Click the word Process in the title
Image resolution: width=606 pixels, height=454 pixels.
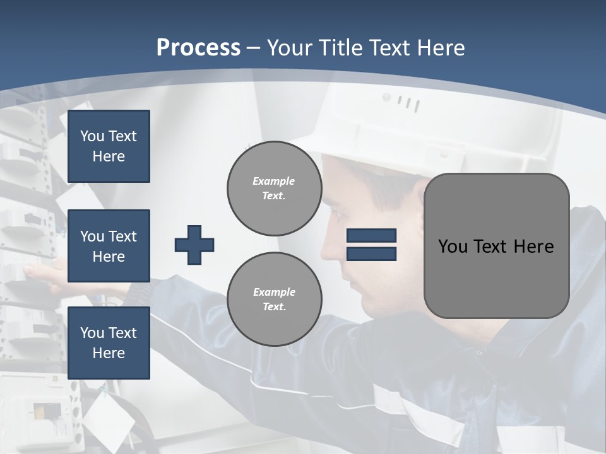198,48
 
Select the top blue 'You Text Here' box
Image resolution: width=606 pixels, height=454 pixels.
109,146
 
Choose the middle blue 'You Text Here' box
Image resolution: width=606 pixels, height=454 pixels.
109,246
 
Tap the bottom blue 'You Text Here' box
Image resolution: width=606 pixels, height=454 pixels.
109,343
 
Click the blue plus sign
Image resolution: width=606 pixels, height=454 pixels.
194,245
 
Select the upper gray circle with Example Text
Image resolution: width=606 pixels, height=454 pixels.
274,188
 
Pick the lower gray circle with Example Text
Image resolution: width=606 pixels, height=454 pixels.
274,299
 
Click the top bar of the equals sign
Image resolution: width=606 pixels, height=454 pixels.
371,236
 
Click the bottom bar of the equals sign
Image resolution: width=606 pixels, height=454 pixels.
371,253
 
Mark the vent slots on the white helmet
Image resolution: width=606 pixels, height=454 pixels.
409,103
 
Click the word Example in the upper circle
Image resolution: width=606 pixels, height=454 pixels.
274,181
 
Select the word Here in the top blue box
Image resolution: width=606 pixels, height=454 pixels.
109,156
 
